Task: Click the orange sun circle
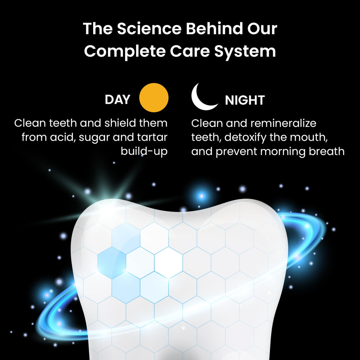point(154,98)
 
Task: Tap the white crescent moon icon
point(203,97)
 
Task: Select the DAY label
point(117,100)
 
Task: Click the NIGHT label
point(245,101)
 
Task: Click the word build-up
point(144,152)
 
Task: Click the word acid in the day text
point(62,137)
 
